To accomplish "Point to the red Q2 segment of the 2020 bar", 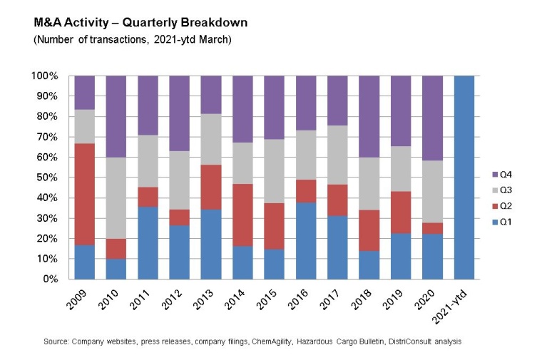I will point(432,228).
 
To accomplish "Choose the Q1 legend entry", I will point(504,222).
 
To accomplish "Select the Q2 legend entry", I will point(504,207).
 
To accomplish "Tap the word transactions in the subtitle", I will point(103,39).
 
